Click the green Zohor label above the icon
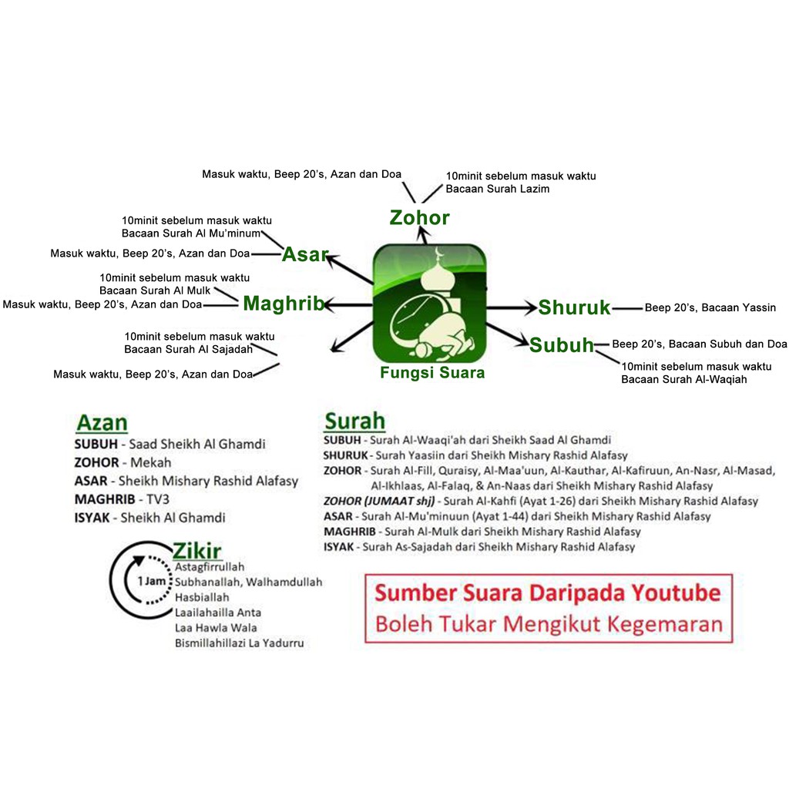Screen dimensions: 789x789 click(x=420, y=217)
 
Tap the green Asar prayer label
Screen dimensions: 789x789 click(x=305, y=254)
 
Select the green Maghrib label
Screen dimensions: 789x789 click(x=284, y=304)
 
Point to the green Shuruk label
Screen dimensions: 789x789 click(x=574, y=307)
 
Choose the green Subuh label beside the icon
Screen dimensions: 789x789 click(x=562, y=345)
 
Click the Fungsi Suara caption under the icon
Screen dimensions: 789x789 click(x=432, y=373)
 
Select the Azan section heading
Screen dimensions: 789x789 click(x=102, y=423)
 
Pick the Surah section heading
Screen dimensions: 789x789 click(x=354, y=421)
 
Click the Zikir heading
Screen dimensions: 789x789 click(x=196, y=551)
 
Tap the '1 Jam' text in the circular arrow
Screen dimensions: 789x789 click(x=152, y=581)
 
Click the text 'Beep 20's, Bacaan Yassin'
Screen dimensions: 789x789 click(x=710, y=307)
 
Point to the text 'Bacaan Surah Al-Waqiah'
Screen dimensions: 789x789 click(x=684, y=379)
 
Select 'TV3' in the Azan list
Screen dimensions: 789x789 click(x=157, y=499)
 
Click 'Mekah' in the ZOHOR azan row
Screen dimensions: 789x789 click(x=150, y=462)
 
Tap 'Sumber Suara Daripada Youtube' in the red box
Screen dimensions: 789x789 click(x=548, y=593)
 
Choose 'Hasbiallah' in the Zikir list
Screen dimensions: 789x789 click(x=202, y=597)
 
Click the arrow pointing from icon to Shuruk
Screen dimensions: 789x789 click(x=512, y=307)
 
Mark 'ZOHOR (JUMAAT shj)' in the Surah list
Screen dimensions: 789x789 click(x=379, y=501)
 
